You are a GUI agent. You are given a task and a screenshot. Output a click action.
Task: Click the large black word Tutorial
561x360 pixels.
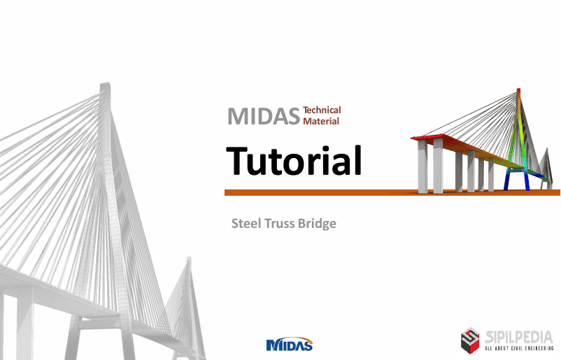pyautogui.click(x=294, y=161)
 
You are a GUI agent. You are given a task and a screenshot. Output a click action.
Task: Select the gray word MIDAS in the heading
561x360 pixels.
pyautogui.click(x=264, y=116)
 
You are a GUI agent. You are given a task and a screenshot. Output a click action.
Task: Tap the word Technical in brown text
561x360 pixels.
pyautogui.click(x=322, y=110)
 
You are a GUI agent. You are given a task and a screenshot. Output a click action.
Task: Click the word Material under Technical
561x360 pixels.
pyautogui.click(x=321, y=121)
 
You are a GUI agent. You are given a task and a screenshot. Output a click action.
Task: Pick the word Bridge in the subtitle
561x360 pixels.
pyautogui.click(x=317, y=224)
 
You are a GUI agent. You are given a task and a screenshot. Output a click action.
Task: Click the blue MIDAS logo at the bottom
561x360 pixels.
pyautogui.click(x=290, y=344)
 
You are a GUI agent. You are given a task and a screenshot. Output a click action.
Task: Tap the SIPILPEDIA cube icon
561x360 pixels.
pyautogui.click(x=470, y=340)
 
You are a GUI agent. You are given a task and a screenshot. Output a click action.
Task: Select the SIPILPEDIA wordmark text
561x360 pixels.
pyautogui.click(x=519, y=337)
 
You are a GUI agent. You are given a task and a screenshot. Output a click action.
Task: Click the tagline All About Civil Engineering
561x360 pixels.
pyautogui.click(x=519, y=348)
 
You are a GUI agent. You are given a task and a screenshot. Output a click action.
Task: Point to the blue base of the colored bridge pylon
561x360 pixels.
pyautogui.click(x=516, y=180)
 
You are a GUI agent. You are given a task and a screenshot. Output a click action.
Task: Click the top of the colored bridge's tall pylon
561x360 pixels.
pyautogui.click(x=518, y=89)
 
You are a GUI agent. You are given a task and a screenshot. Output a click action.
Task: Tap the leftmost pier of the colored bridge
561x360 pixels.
pyautogui.click(x=422, y=166)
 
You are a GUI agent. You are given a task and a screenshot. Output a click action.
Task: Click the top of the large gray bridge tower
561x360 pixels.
pyautogui.click(x=105, y=85)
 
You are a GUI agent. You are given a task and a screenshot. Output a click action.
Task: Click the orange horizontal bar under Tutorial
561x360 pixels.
pyautogui.click(x=392, y=193)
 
